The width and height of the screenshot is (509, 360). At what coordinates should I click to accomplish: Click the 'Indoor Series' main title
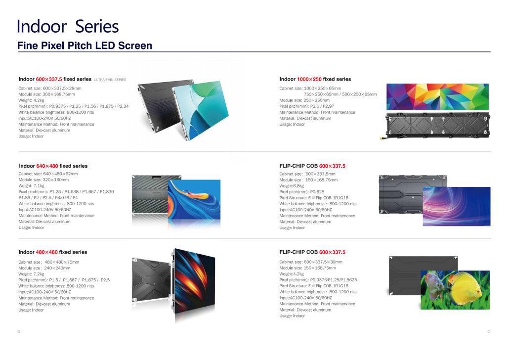click(68, 26)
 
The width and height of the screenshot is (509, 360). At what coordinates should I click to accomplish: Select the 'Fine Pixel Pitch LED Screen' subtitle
click(85, 46)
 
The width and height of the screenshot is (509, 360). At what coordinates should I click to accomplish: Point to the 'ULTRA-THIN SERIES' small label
click(110, 80)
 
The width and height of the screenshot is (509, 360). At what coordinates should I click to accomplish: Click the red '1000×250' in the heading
click(309, 79)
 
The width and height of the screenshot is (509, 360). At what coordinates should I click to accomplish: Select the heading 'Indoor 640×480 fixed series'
click(53, 166)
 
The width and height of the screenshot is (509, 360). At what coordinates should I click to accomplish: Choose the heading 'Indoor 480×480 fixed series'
click(53, 252)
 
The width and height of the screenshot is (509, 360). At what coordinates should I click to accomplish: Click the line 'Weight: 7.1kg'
click(31, 186)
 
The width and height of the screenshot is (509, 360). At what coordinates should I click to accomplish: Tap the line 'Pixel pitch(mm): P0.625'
click(295, 192)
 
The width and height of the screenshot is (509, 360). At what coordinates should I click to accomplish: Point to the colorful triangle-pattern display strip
click(437, 96)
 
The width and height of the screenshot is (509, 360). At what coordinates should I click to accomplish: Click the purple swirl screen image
click(456, 206)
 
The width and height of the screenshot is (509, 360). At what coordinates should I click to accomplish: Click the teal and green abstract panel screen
click(205, 109)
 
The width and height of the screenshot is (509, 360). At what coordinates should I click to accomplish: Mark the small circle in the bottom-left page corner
click(19, 331)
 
